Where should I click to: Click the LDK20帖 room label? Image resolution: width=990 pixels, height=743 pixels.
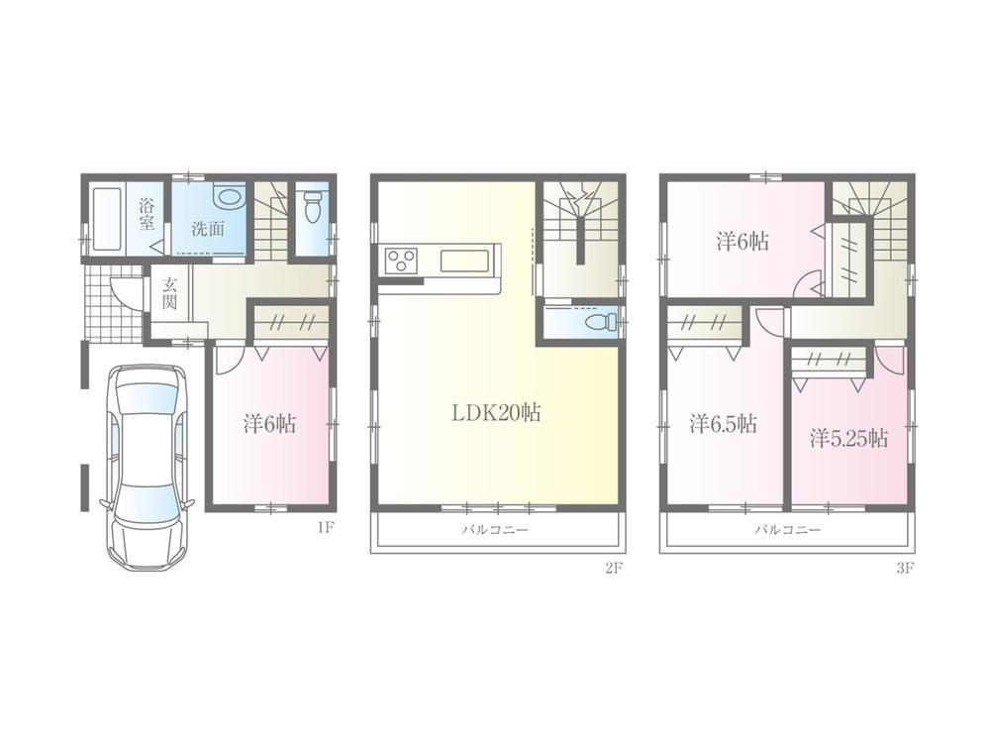tap(496, 414)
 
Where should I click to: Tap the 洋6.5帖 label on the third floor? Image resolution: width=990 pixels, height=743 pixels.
tap(723, 423)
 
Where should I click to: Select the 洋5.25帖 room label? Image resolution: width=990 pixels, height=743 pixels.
tap(848, 438)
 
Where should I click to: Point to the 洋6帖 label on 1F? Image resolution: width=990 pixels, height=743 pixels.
tap(268, 423)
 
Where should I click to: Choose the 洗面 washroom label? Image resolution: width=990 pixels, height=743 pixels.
tap(207, 227)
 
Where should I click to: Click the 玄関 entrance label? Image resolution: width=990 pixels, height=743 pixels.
tap(169, 294)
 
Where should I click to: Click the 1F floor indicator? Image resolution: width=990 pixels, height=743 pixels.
tap(325, 528)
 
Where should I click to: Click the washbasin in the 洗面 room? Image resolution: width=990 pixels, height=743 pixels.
tap(229, 196)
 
